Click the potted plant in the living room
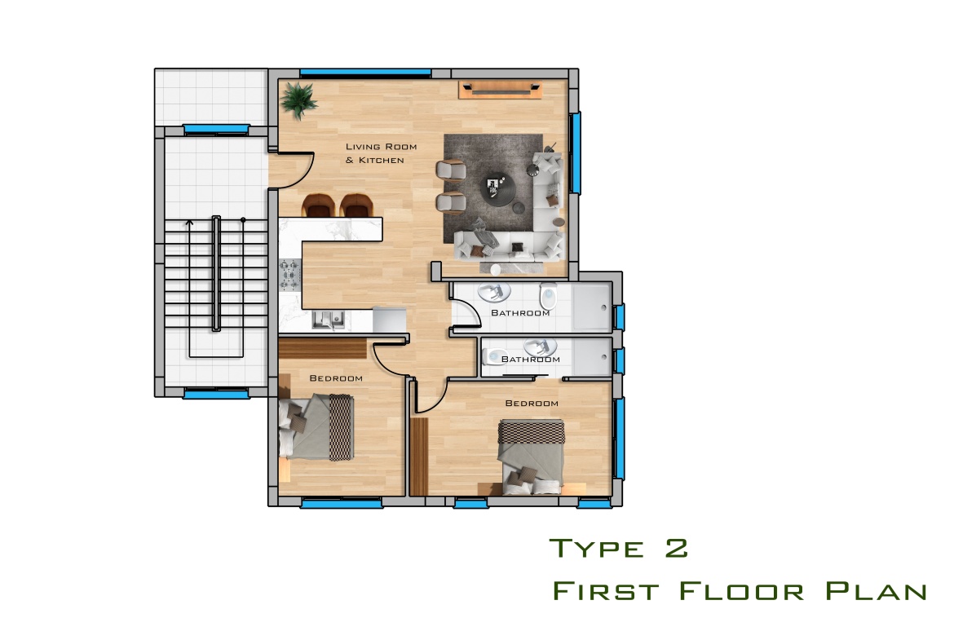(x=298, y=100)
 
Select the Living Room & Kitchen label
(x=381, y=153)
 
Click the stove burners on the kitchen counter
(x=289, y=274)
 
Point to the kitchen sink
(x=329, y=320)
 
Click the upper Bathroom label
(x=520, y=312)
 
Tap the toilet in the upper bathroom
(x=548, y=296)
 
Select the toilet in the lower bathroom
(x=495, y=356)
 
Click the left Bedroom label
(x=336, y=378)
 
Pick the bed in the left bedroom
(x=316, y=427)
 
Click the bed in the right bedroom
(x=531, y=457)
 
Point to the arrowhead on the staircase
(x=189, y=223)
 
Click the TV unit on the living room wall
(x=500, y=90)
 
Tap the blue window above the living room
(x=365, y=73)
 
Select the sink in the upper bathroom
(x=493, y=293)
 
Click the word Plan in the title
(x=876, y=590)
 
